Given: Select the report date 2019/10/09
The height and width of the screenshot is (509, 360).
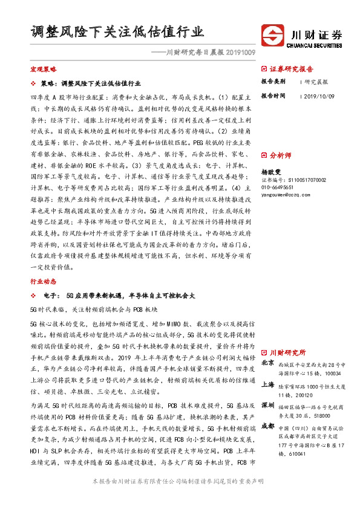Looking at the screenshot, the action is (319, 96).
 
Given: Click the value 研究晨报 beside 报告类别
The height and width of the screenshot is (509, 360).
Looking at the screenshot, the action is (316, 81).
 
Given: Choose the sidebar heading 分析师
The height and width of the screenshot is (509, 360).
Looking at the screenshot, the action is (280, 155).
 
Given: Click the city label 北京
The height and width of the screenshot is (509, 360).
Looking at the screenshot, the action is (267, 363).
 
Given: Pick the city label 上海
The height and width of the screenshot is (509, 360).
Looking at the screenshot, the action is (267, 384).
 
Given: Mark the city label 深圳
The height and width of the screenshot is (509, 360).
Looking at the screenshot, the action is (267, 406).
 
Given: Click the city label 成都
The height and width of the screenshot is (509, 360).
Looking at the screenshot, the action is (267, 426).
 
